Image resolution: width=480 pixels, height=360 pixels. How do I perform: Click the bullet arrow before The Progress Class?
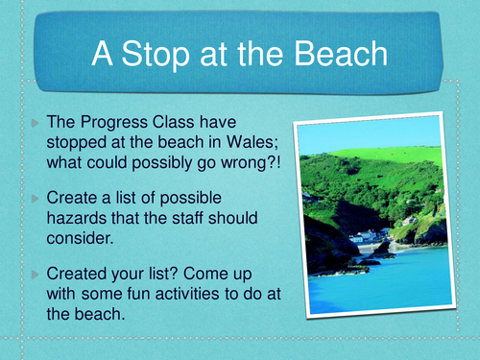click(36, 126)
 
